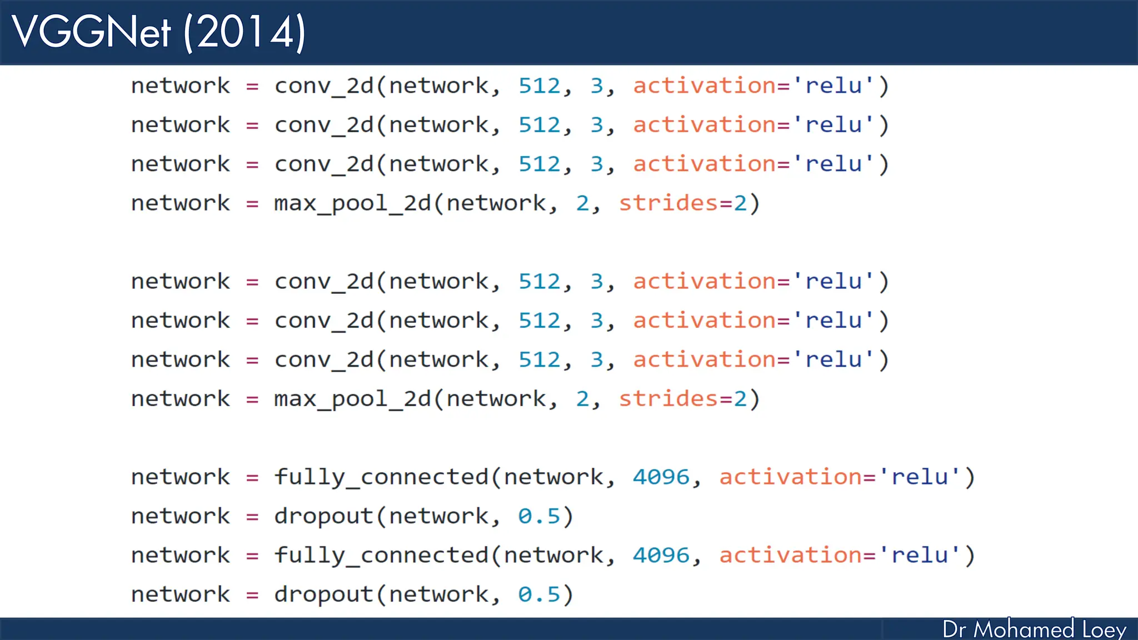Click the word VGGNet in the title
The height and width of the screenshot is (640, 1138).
(x=92, y=32)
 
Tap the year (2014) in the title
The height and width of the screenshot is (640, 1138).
(x=244, y=33)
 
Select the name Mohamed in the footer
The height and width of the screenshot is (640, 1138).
(x=1024, y=629)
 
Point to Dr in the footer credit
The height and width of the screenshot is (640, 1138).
(x=954, y=629)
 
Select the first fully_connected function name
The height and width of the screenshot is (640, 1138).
(x=381, y=477)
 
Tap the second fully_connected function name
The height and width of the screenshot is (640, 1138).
(x=381, y=556)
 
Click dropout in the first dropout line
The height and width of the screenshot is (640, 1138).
(x=323, y=517)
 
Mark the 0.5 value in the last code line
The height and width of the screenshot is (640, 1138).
(x=538, y=594)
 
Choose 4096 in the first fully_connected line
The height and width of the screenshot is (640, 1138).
(x=661, y=477)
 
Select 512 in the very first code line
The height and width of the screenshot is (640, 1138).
(x=539, y=86)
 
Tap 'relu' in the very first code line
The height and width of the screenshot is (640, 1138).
(x=833, y=86)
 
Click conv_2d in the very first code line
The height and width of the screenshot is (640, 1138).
(x=324, y=86)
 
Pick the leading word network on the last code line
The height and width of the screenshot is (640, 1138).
(x=180, y=594)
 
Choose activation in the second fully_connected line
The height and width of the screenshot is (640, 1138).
(x=790, y=556)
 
